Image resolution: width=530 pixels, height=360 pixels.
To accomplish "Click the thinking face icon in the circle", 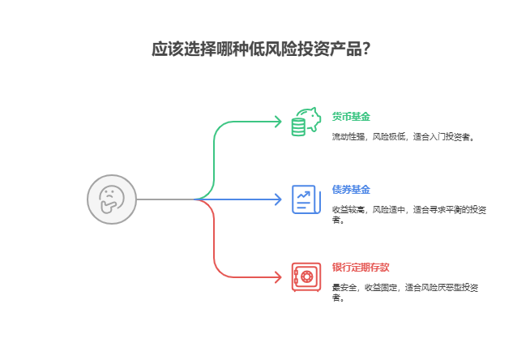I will coord(111,199).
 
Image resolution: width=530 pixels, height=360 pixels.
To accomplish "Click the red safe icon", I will coord(306,276).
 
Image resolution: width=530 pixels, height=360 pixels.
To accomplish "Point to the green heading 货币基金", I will coord(351,116).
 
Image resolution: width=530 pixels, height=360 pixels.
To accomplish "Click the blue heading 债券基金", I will coord(351,189).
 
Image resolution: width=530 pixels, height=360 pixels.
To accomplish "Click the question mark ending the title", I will coord(366,49).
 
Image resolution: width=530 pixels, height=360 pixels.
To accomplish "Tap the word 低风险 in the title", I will coord(262,49).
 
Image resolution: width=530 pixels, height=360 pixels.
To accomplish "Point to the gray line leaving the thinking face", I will coord(162,199).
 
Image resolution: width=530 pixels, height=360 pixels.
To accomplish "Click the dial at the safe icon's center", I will coord(306,277).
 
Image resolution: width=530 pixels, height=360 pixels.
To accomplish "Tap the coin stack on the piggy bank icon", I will coord(297,127).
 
